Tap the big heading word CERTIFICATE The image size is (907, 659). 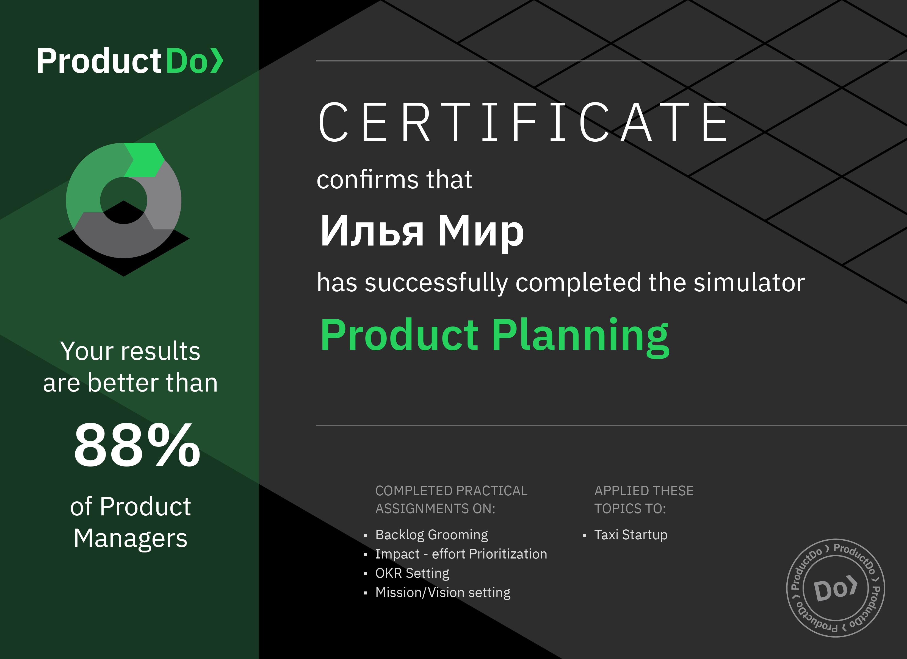pos(523,122)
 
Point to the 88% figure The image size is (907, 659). pos(137,445)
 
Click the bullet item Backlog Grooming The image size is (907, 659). pos(432,534)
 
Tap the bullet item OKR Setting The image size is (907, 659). pos(412,573)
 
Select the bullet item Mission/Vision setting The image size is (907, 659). pos(443,592)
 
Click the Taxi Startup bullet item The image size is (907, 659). pos(631,534)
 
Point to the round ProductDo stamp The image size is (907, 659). pos(836,588)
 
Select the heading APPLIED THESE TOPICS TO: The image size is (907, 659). pos(644,499)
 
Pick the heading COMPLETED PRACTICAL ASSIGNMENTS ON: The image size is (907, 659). pos(451,499)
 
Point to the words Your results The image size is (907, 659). pos(130,351)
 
